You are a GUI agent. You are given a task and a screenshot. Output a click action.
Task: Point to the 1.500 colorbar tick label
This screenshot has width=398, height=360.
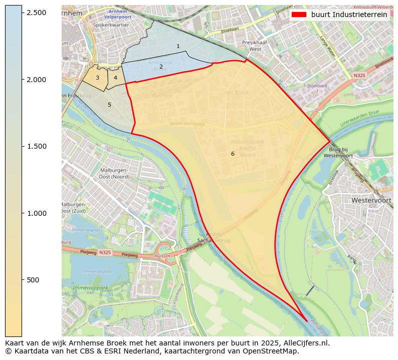37,146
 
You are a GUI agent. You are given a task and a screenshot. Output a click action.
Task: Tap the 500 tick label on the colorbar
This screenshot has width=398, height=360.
34,280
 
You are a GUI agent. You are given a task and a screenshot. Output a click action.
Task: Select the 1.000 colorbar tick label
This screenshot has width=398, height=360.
37,213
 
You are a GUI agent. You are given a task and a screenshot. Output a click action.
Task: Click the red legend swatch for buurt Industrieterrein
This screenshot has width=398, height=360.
299,15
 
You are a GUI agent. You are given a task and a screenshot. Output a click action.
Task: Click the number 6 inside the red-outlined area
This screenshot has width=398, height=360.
233,154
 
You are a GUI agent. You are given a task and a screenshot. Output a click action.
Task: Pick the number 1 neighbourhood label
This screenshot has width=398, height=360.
178,46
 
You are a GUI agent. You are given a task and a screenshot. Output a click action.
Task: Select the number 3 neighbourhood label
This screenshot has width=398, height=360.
97,78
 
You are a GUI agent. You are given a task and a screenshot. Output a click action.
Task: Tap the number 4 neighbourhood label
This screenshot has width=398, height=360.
115,78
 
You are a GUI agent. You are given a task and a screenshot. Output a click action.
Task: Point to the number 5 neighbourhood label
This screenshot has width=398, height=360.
109,105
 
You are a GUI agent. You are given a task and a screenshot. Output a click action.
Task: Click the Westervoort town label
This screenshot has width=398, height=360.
371,200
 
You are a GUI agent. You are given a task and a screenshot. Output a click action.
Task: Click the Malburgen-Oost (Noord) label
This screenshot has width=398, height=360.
114,173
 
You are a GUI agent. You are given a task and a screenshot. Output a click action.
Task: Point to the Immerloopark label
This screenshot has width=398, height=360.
90,288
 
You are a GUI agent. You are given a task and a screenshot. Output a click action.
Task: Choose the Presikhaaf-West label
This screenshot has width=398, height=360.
255,46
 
